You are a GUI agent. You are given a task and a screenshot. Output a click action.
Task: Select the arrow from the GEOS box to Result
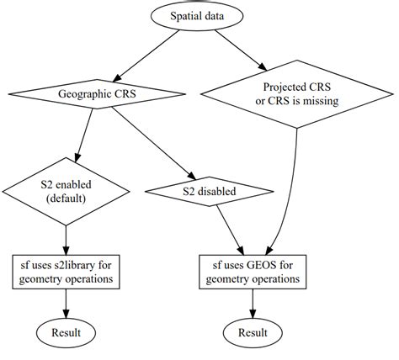(x=252, y=300)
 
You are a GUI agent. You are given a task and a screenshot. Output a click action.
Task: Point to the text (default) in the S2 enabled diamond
(x=66, y=199)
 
